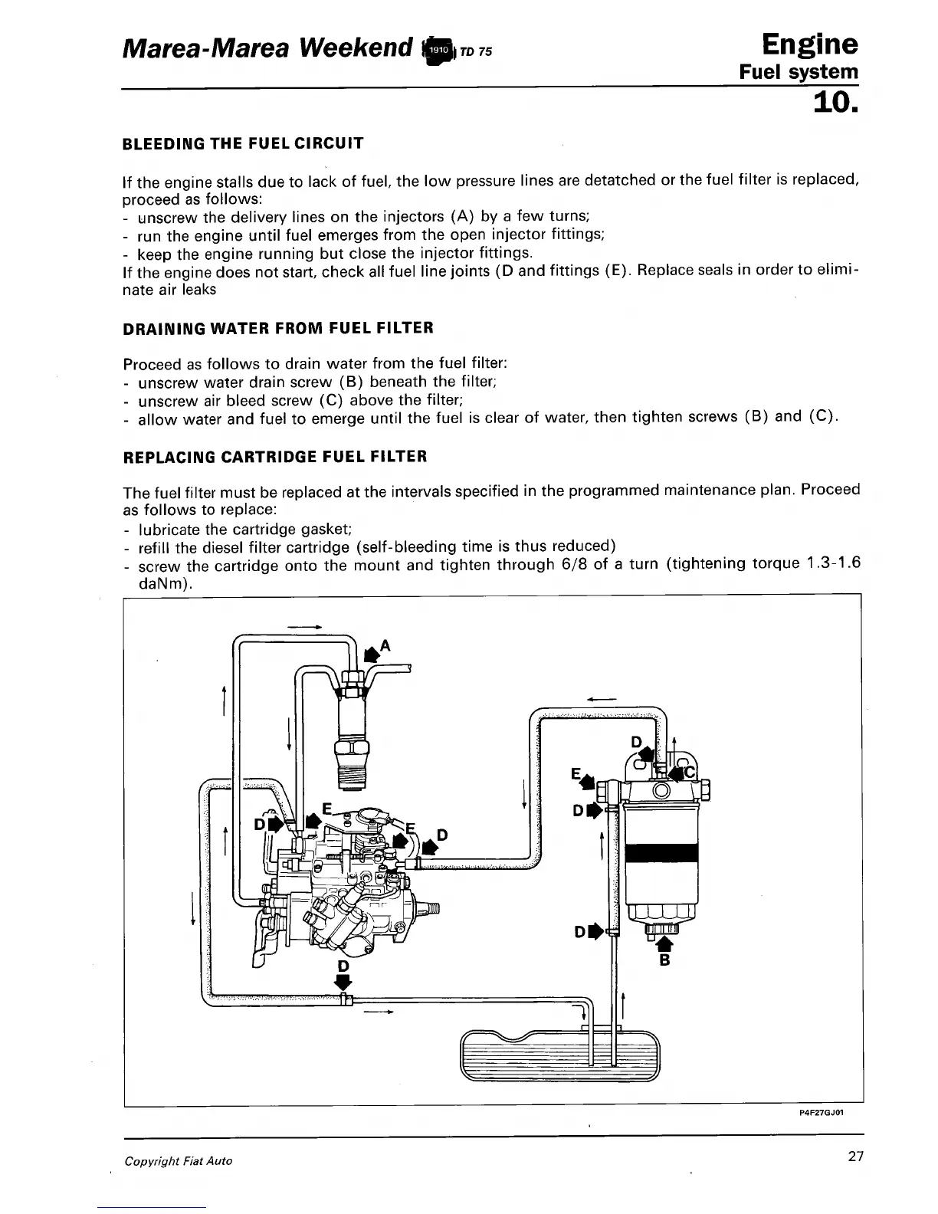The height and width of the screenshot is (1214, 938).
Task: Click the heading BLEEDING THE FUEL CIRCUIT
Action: click(x=243, y=143)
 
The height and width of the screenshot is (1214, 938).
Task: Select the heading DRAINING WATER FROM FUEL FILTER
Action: click(x=278, y=328)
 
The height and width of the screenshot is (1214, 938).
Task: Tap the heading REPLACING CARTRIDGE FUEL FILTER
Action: click(x=275, y=458)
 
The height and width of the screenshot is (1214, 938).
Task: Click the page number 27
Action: click(x=855, y=1157)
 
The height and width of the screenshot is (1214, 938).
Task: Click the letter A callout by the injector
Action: click(x=385, y=645)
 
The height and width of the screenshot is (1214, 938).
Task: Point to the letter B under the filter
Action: click(x=664, y=960)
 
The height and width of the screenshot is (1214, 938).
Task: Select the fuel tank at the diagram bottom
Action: click(x=559, y=1055)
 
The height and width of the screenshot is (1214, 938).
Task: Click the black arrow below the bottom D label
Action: click(x=343, y=982)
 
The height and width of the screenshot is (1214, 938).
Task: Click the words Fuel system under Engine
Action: click(x=798, y=72)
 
